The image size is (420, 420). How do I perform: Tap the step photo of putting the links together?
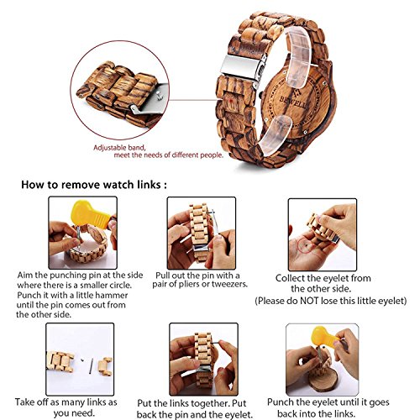tap(202, 360)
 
